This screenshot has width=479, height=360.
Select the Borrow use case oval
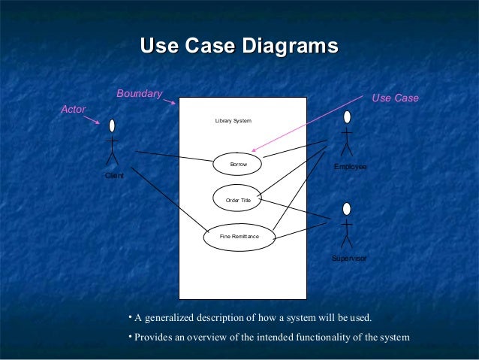pos(238,163)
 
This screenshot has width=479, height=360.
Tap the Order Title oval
pos(238,200)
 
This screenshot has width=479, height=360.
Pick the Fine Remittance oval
pos(239,236)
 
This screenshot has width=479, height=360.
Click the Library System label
pos(233,121)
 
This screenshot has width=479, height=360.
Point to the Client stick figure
pos(113,143)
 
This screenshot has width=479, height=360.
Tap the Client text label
pos(115,175)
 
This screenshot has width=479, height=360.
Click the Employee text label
pos(350,165)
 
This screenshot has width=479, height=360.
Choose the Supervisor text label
pos(349,258)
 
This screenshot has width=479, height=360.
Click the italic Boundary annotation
pos(139,94)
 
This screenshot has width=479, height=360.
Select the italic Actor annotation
pos(73,110)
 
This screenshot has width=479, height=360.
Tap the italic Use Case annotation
pos(395,98)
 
